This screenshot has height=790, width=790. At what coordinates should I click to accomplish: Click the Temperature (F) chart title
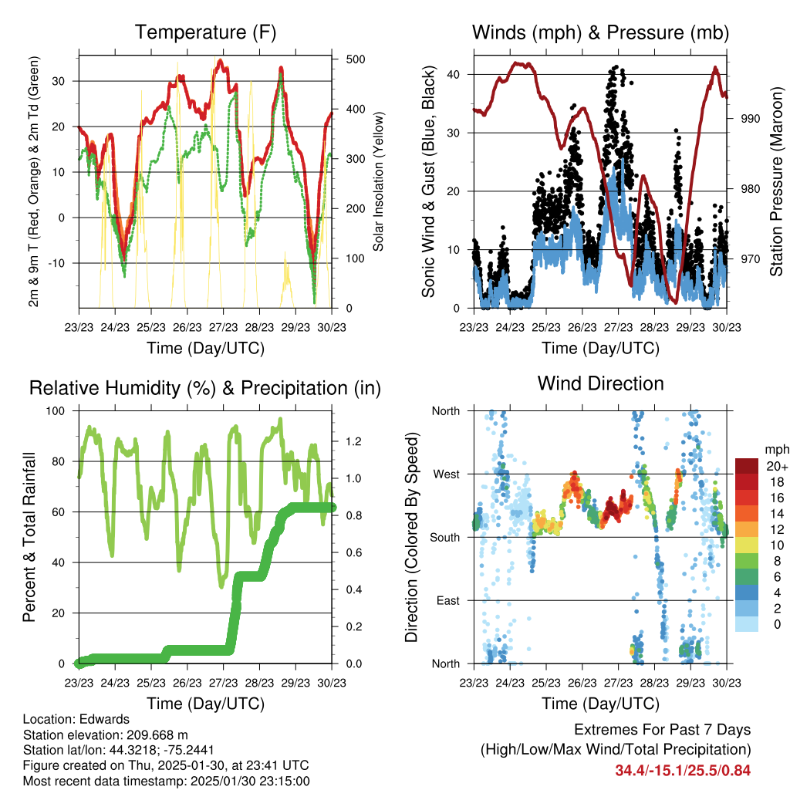(205, 32)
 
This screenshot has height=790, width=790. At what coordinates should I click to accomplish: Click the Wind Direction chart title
(600, 383)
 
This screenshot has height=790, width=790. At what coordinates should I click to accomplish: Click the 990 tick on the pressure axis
(751, 119)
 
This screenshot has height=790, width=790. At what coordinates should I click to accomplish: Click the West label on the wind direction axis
(446, 474)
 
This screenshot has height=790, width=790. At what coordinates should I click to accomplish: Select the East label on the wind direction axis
(447, 600)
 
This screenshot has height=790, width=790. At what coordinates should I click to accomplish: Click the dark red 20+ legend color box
(747, 467)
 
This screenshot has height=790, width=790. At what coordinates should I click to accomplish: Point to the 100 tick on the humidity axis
(58, 411)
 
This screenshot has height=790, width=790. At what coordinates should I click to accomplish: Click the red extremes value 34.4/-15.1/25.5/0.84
(683, 770)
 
